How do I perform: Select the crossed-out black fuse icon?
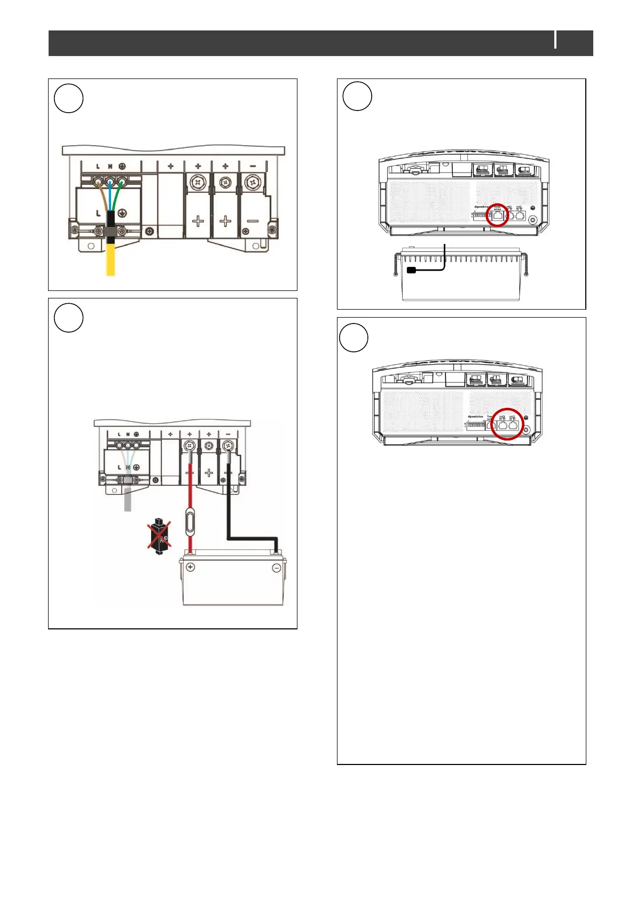159,536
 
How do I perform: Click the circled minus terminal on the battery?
277,569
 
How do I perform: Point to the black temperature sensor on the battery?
411,270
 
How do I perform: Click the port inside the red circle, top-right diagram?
498,216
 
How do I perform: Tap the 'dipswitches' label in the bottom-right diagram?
475,416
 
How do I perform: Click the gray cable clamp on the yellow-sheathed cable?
111,231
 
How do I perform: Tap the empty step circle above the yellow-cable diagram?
69,98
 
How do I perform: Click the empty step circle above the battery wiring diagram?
69,318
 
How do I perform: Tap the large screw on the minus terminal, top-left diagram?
252,184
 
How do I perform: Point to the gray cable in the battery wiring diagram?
128,499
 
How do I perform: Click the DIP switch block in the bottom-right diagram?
476,425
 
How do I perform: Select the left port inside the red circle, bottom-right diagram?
502,425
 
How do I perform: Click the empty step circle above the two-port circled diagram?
354,337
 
